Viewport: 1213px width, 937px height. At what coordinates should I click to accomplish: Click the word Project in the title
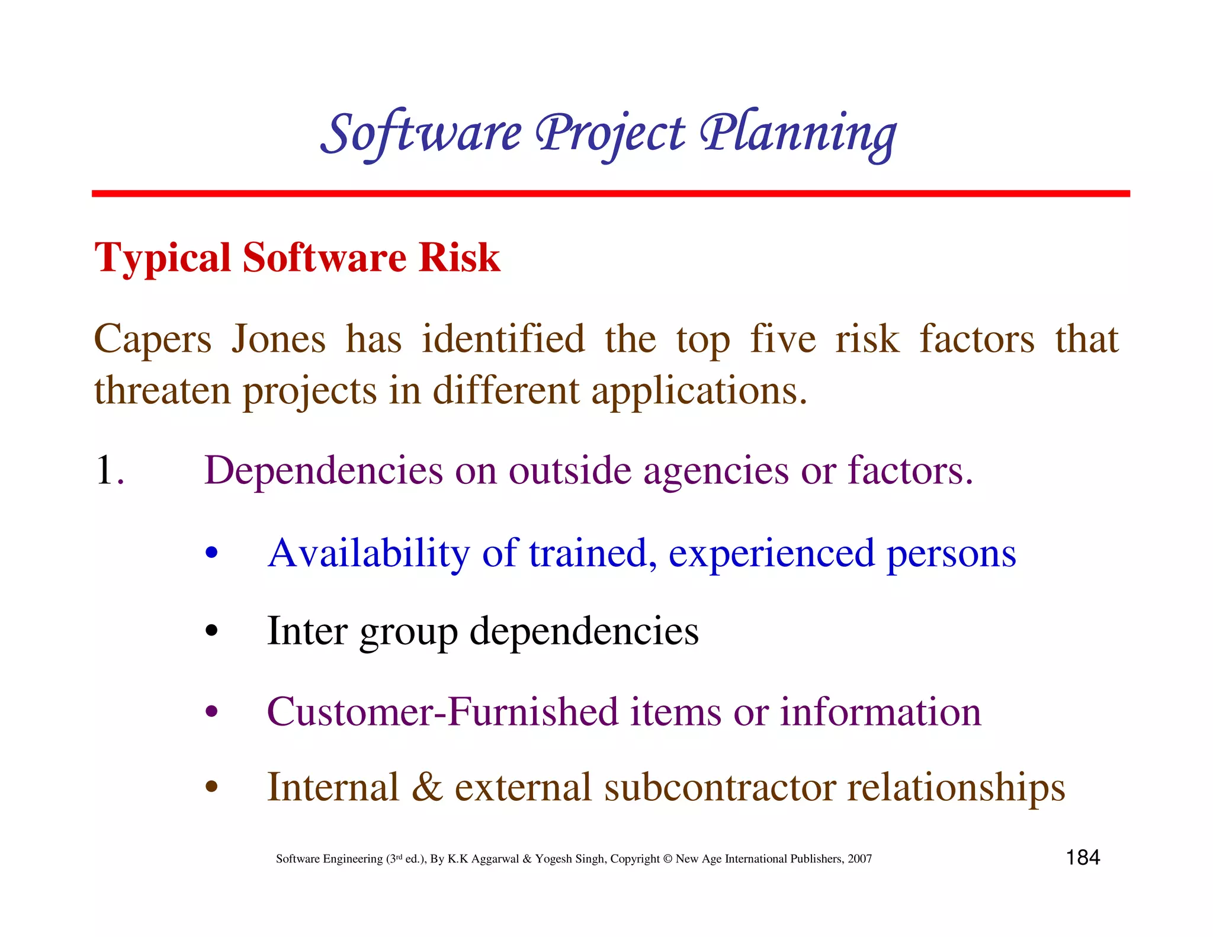pyautogui.click(x=609, y=133)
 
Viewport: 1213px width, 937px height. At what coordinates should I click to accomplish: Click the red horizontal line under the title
pyautogui.click(x=610, y=194)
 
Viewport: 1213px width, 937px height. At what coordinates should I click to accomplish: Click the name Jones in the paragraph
pyautogui.click(x=278, y=339)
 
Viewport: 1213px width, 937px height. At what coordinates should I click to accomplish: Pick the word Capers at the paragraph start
pyautogui.click(x=152, y=341)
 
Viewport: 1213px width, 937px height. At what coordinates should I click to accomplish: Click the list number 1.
pyautogui.click(x=107, y=470)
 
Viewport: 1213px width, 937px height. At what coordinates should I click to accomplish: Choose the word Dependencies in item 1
pyautogui.click(x=323, y=471)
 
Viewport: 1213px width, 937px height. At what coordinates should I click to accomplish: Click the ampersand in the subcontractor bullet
pyautogui.click(x=427, y=788)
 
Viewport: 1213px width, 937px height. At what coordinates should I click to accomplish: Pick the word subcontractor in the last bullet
pyautogui.click(x=719, y=788)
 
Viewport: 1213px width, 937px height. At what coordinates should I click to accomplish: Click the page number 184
pyautogui.click(x=1083, y=858)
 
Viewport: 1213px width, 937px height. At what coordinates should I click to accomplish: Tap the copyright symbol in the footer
pyautogui.click(x=668, y=859)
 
